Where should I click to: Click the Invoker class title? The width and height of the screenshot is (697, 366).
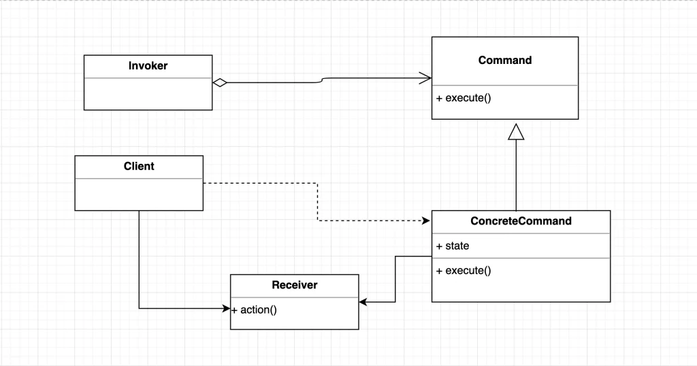tap(148, 66)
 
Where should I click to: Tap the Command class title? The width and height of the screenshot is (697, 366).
tap(505, 60)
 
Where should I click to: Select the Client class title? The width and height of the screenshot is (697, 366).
tap(139, 166)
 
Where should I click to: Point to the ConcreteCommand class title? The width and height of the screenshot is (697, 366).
tap(521, 220)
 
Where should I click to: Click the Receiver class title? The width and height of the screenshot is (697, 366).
tap(295, 285)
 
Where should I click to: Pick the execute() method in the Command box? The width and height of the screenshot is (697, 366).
tap(464, 98)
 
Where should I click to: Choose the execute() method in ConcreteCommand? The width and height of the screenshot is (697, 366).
tap(464, 271)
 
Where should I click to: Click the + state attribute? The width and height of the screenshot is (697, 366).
tap(453, 246)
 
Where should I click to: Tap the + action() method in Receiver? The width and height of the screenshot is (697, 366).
tap(255, 310)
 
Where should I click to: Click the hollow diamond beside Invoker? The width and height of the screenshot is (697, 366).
tap(220, 82)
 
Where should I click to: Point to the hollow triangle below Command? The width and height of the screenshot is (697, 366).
tap(516, 132)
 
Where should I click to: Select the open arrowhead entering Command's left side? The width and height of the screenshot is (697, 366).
tap(425, 78)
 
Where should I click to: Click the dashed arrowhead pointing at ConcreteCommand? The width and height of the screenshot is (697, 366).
tap(426, 220)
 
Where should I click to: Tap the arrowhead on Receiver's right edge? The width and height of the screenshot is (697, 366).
tap(363, 302)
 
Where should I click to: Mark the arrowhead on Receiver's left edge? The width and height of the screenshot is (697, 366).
tap(226, 308)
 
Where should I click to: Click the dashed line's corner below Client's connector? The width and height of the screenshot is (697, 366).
tap(317, 220)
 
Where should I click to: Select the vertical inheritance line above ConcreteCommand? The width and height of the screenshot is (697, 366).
tap(516, 176)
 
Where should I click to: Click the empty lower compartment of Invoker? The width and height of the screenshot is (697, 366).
tap(148, 94)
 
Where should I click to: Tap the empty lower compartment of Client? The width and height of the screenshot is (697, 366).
tap(139, 194)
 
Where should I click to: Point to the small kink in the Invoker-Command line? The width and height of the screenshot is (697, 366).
tap(322, 80)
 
